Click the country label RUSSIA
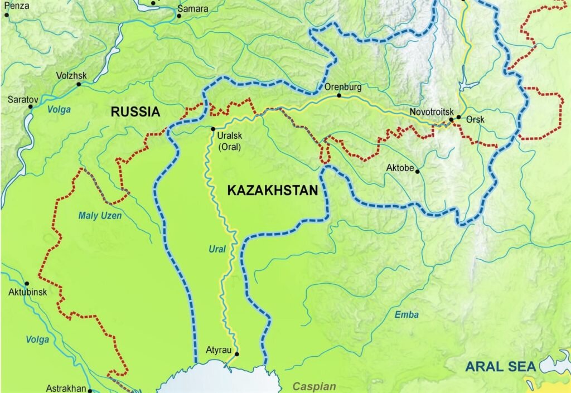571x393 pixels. click(x=135, y=111)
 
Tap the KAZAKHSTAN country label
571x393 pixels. click(x=273, y=190)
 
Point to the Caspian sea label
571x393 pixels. click(x=314, y=386)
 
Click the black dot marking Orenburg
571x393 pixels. click(x=338, y=96)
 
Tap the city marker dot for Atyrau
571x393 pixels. click(x=236, y=354)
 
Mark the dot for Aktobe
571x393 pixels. click(x=417, y=171)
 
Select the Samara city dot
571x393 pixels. click(x=179, y=16)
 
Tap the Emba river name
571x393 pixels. click(x=407, y=314)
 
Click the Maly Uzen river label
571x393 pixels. click(x=100, y=215)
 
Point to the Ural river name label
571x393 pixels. click(x=217, y=249)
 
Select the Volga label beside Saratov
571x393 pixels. click(x=59, y=110)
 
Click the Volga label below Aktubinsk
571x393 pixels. click(x=37, y=339)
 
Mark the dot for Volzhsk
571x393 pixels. click(x=79, y=85)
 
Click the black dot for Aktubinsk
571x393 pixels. click(x=26, y=283)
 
